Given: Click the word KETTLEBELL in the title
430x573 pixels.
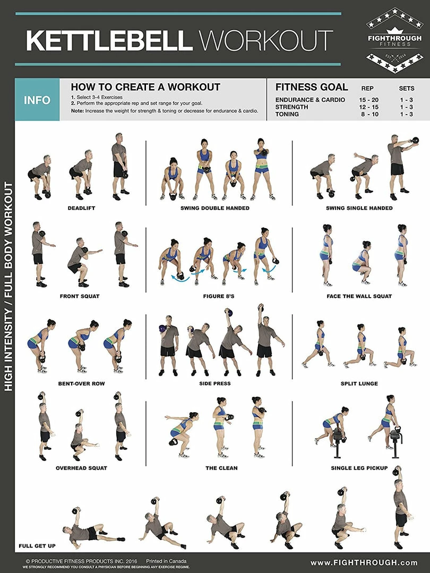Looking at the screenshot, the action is point(109,40).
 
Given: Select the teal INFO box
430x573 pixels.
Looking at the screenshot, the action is point(37,100).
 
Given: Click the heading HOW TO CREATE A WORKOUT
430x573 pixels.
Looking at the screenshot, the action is point(145,87).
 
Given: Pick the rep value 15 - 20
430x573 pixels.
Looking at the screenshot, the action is point(368,100).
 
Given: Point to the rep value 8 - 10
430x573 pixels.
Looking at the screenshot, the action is point(369,114).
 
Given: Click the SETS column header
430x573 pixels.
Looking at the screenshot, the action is point(407,89).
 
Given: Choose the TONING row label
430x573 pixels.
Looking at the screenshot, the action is point(287,114).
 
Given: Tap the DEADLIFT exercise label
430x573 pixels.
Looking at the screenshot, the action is point(81,208).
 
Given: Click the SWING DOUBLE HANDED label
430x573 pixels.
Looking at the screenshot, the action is point(215,208).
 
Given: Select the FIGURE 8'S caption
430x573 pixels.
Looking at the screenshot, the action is point(219,296).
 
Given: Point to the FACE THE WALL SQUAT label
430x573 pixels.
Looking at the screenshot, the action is point(359,296).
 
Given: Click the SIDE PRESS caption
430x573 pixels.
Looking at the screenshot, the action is point(215,384).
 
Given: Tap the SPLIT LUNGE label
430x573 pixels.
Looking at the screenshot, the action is point(359,384).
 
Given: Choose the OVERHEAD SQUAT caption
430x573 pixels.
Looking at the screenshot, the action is point(81,468).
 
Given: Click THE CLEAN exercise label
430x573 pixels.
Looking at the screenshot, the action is point(221,468).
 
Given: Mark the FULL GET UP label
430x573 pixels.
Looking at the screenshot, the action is point(37,545).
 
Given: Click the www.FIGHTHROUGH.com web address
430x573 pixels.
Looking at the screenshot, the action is point(364,562).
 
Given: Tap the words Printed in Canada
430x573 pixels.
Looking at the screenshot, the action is point(166,561).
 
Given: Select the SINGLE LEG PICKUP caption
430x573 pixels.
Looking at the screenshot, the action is point(359,468).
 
